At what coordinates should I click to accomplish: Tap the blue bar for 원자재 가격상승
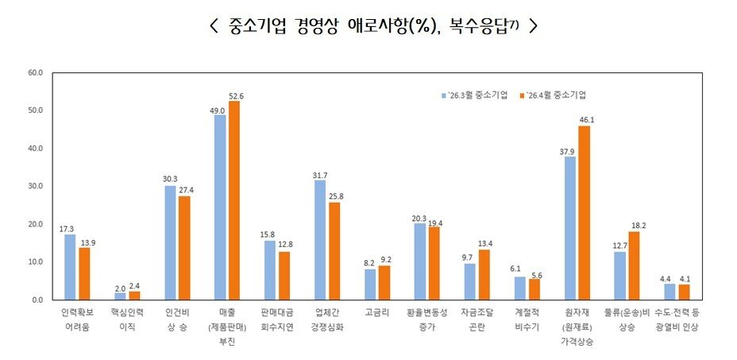[x=570, y=228]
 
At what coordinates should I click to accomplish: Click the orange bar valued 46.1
[x=585, y=212]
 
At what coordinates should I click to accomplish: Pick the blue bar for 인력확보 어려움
[x=70, y=267]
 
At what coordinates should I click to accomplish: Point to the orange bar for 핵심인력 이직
[x=134, y=296]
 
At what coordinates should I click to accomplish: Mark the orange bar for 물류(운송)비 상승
[x=634, y=265]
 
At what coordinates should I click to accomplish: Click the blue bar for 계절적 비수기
[x=520, y=288]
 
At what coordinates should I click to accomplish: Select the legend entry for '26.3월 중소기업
[x=475, y=95]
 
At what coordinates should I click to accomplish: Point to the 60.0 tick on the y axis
[x=36, y=73]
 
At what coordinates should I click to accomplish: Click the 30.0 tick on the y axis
[x=36, y=187]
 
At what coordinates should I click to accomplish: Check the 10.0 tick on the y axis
[x=36, y=262]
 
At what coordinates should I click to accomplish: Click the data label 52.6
[x=235, y=96]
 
